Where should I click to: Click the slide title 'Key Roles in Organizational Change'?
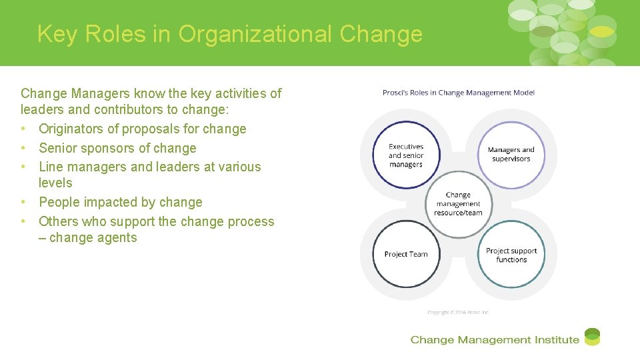pyautogui.click(x=230, y=33)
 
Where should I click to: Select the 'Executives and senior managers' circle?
pyautogui.click(x=406, y=155)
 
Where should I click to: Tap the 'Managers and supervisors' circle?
pyautogui.click(x=511, y=155)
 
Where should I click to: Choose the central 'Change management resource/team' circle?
pyautogui.click(x=458, y=204)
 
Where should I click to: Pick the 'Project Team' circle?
pyautogui.click(x=406, y=254)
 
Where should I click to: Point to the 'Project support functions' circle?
pyautogui.click(x=511, y=255)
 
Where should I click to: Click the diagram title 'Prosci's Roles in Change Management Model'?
pyautogui.click(x=459, y=93)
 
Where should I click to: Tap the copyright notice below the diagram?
pyautogui.click(x=459, y=312)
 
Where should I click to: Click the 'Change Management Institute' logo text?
pyautogui.click(x=495, y=340)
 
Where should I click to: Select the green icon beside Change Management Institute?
pyautogui.click(x=592, y=337)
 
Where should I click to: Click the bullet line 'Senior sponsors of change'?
pyautogui.click(x=117, y=148)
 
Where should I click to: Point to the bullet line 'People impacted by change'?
pyautogui.click(x=120, y=202)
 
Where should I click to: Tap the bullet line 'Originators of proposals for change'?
pyautogui.click(x=142, y=129)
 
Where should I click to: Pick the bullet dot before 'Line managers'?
pyautogui.click(x=24, y=167)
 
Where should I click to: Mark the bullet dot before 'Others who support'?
pyautogui.click(x=24, y=221)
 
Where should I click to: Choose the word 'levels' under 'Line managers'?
pyautogui.click(x=55, y=183)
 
